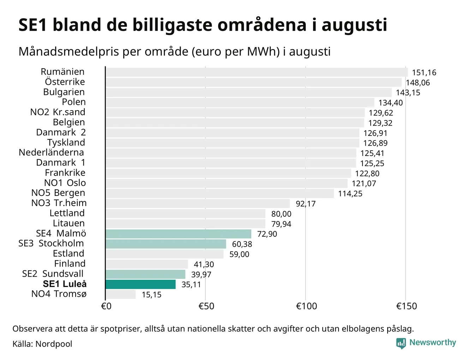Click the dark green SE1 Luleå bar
pos(140,284)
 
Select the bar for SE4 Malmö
pos(178,234)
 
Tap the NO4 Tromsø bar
pos(121,294)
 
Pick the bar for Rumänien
pos(257,72)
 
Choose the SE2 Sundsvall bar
pos(145,274)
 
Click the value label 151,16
pos(424,73)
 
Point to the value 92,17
pos(306,204)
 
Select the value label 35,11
pos(191,284)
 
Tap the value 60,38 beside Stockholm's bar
pos(242,244)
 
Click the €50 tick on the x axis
pos(206,306)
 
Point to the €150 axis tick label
pos(406,306)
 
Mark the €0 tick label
pos(106,306)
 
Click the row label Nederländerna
pos(51,152)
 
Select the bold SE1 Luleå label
pos(65,284)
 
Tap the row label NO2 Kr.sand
pos(58,112)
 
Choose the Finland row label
pos(70,264)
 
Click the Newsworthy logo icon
pos(401,343)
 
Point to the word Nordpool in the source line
pos(54,344)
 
